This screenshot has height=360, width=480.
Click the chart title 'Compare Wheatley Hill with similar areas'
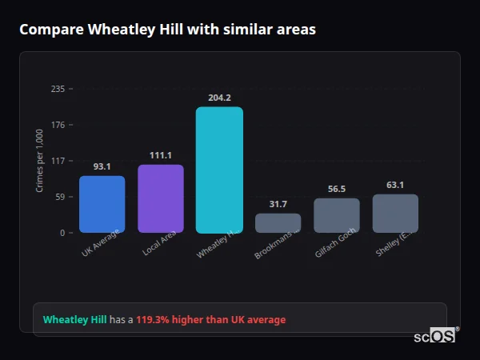(167, 30)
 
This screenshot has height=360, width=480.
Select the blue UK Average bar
(102, 204)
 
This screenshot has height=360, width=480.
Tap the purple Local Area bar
(161, 198)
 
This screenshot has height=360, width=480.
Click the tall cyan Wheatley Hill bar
(219, 170)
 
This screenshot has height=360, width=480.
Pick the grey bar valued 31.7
(278, 223)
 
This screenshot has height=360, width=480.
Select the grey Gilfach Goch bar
(337, 215)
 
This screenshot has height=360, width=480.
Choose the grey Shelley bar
(395, 214)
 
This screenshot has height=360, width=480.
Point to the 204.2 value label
(219, 98)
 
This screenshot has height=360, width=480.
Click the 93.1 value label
(102, 166)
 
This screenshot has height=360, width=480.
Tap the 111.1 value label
(161, 155)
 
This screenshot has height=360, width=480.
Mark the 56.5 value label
(337, 189)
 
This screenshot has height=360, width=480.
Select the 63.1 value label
(395, 185)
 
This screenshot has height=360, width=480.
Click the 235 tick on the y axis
(58, 89)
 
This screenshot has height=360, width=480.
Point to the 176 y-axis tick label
(58, 125)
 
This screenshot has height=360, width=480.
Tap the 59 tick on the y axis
(60, 197)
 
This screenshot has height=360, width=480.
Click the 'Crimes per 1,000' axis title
(40, 161)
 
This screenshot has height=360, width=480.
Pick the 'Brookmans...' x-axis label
(278, 243)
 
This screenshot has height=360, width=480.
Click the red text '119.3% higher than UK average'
(210, 320)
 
